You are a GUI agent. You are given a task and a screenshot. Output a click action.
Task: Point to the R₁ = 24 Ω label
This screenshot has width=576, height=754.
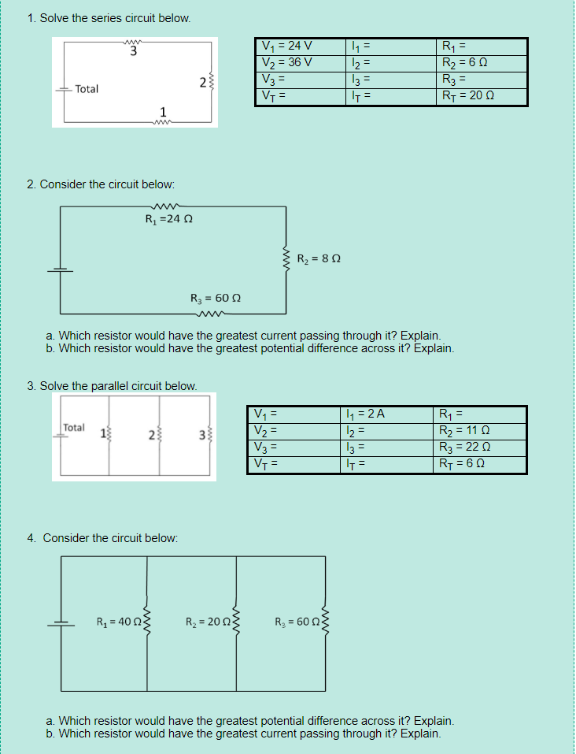(169, 219)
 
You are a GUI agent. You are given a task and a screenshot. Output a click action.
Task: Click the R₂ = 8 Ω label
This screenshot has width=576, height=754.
(318, 258)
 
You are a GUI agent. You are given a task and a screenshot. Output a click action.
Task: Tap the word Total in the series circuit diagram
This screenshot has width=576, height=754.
(87, 89)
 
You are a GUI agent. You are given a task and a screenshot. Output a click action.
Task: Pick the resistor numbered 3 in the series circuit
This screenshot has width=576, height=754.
(134, 44)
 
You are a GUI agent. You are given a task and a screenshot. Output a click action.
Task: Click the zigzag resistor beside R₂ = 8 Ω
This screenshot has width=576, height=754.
(285, 258)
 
